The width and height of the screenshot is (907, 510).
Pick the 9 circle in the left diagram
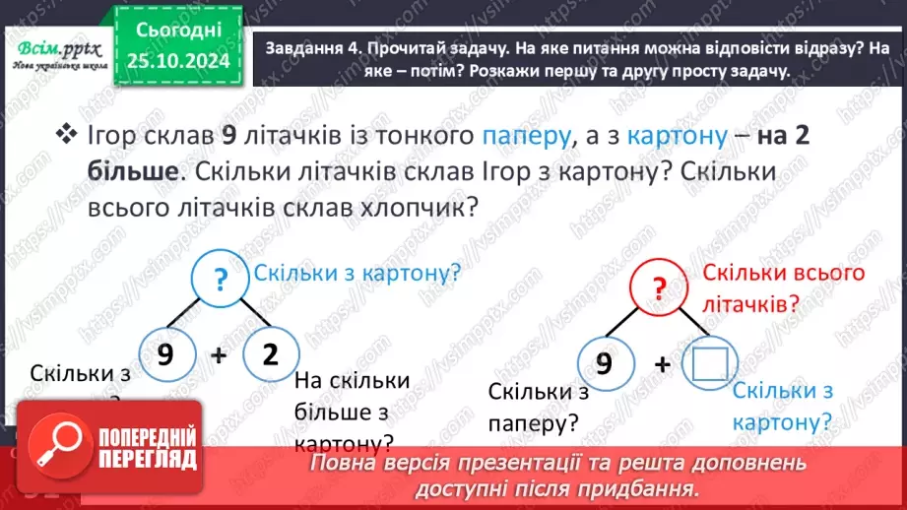click(165, 355)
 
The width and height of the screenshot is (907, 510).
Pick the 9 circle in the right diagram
click(603, 362)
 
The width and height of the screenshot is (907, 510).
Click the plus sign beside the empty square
click(662, 364)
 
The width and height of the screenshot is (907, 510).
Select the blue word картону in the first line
click(676, 136)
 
